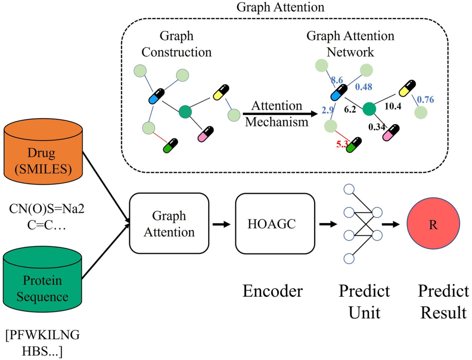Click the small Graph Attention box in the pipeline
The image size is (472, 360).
tap(169, 223)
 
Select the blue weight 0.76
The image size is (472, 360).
tap(425, 99)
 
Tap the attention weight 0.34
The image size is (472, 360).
tap(376, 127)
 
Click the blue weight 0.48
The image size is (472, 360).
tap(363, 87)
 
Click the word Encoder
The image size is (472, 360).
tap(272, 291)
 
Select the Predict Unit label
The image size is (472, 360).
tap(364, 301)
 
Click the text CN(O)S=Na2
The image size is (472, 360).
tap(47, 209)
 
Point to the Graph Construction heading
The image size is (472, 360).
tap(176, 44)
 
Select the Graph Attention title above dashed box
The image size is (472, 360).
tap(280, 7)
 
